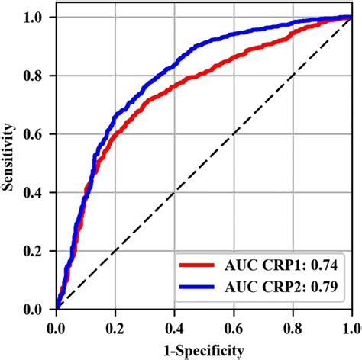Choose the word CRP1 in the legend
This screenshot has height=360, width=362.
pyautogui.click(x=283, y=265)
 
